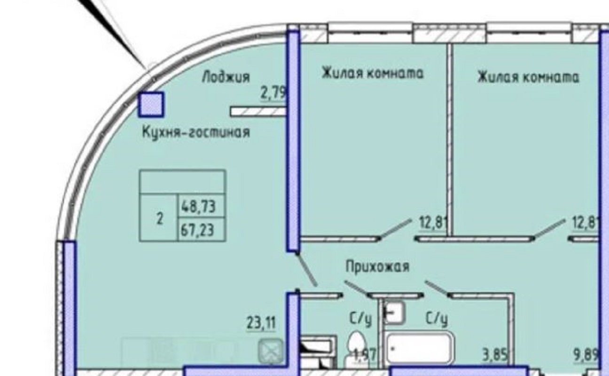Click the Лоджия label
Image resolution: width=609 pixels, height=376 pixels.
click(x=226, y=77)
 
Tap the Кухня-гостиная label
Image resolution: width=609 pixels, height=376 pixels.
click(x=196, y=133)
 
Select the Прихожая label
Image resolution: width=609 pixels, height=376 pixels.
click(x=377, y=266)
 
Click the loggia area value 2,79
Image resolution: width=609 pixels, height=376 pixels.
click(x=273, y=93)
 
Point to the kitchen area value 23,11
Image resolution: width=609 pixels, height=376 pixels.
click(x=261, y=323)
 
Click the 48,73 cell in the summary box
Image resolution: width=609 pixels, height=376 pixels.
click(x=198, y=206)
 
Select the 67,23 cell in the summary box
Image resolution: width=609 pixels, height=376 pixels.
click(x=197, y=230)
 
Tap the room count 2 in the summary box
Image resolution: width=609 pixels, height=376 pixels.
click(x=160, y=218)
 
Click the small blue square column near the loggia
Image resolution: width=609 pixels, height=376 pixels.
click(x=151, y=104)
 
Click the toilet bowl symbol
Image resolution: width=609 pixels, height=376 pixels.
click(x=356, y=343)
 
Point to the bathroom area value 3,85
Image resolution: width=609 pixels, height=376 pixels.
click(x=494, y=355)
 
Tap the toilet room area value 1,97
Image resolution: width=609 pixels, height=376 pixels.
click(x=366, y=354)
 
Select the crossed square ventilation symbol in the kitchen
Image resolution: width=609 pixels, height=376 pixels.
click(x=271, y=351)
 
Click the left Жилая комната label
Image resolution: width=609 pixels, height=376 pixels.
click(x=373, y=73)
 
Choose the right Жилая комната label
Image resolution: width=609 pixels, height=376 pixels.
click(x=528, y=77)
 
